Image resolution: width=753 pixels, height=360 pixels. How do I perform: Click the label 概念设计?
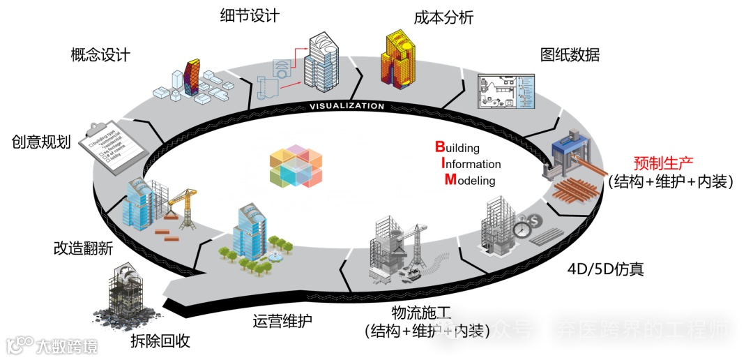100,55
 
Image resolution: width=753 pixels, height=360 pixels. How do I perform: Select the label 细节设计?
250,15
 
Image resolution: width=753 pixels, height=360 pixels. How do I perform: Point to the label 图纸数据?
570,55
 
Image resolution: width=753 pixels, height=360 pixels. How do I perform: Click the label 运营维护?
282,322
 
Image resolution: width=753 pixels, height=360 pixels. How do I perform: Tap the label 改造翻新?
83,248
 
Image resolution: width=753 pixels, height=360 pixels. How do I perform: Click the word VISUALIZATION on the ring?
347,107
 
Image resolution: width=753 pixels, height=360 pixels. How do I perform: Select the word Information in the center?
470,164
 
